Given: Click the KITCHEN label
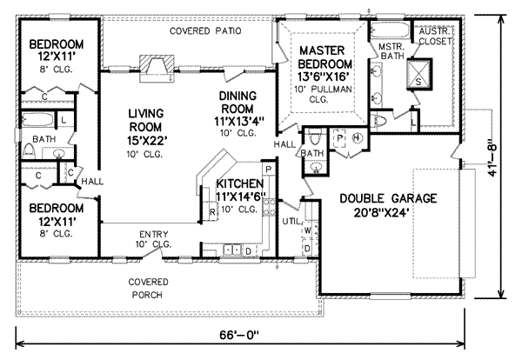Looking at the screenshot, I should click(x=234, y=183).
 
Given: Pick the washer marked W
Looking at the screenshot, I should click(x=308, y=230).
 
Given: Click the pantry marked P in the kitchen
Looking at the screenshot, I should click(x=269, y=169).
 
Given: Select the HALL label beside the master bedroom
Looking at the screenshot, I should click(x=284, y=143).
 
